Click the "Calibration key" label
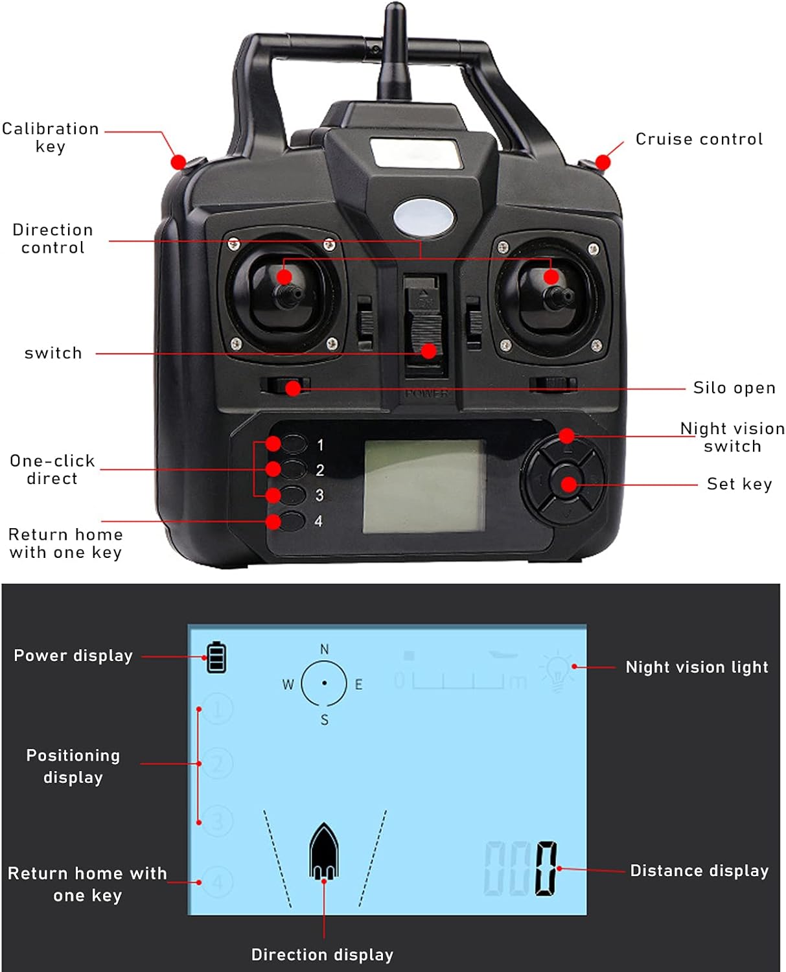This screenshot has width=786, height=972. [50, 137]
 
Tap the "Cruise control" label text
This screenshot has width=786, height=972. [699, 139]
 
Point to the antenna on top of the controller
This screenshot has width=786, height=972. [395, 52]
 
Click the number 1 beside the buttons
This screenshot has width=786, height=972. [320, 445]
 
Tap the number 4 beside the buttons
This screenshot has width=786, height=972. [319, 521]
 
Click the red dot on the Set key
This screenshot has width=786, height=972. [568, 484]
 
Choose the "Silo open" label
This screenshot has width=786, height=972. [734, 388]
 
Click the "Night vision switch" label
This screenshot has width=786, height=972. [732, 437]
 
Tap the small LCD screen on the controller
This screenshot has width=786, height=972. [424, 486]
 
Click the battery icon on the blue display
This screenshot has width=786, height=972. [216, 657]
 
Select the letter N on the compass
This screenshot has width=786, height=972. [325, 649]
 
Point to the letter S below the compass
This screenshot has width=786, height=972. [325, 720]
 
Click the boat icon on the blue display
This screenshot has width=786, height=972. [324, 851]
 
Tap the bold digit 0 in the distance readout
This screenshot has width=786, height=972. [546, 868]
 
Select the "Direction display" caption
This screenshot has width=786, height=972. [322, 955]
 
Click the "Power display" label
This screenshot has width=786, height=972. [73, 656]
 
